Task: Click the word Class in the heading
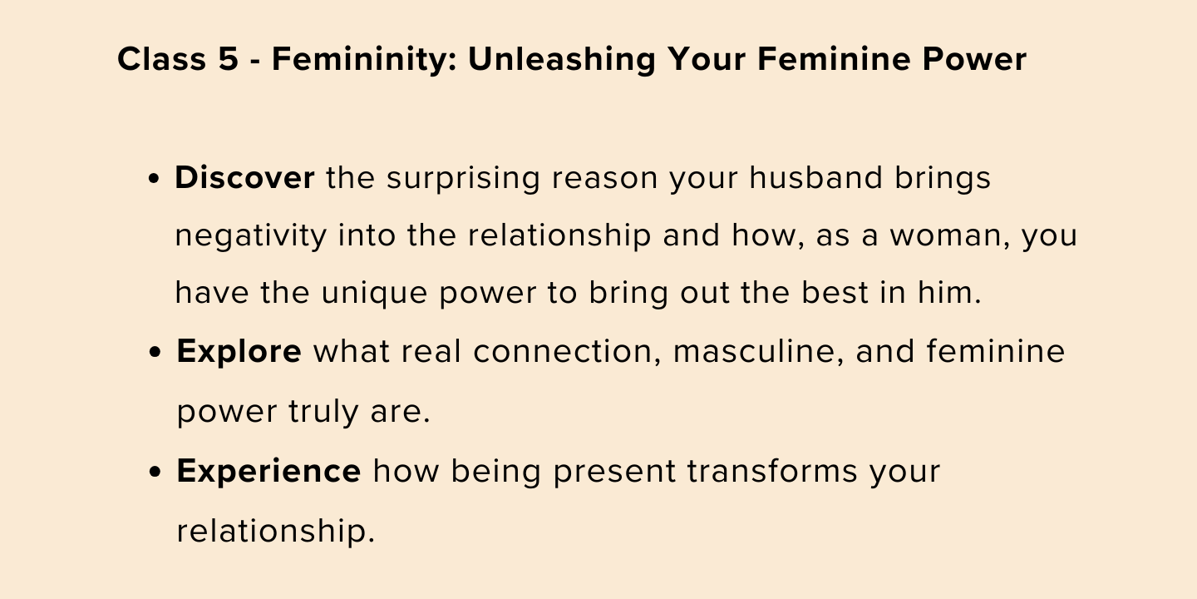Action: [x=161, y=58]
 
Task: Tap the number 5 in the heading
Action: [x=228, y=58]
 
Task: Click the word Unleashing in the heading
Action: [x=562, y=59]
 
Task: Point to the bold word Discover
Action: [x=244, y=177]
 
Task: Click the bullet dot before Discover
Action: [x=154, y=180]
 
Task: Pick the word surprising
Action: [x=463, y=179]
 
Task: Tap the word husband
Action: [x=816, y=177]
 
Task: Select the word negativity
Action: [x=251, y=236]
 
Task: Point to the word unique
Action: [x=374, y=294]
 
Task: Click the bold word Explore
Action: [x=239, y=353]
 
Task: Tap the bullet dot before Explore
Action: [x=155, y=353]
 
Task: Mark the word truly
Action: [x=323, y=412]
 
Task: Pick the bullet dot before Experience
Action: [x=155, y=473]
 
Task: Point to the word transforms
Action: [x=772, y=471]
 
